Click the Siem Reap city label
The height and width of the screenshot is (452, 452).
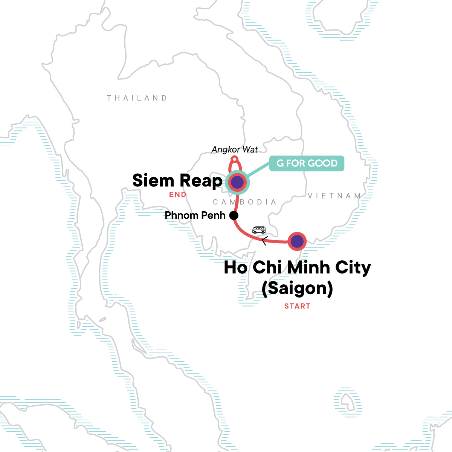tap(177, 181)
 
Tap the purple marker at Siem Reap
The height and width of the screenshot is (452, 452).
tap(237, 183)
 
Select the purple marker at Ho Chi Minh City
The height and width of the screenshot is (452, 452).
tap(297, 241)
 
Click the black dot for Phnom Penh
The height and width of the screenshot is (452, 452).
tap(234, 215)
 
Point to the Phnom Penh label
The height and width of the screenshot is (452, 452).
tap(195, 215)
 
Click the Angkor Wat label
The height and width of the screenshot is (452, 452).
tap(235, 150)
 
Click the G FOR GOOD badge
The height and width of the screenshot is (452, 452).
tap(307, 163)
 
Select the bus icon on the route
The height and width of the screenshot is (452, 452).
tap(259, 230)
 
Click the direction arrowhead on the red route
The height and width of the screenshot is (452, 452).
tap(264, 241)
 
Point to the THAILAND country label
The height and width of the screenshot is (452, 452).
tap(137, 98)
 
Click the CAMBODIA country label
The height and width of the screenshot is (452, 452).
tap(244, 202)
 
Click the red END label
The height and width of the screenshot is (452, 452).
tap(177, 195)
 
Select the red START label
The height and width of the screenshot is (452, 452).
tap(297, 306)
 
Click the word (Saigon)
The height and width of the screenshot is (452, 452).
tap(297, 289)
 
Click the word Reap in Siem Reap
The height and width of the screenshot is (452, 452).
tap(201, 181)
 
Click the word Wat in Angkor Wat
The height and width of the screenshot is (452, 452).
tap(250, 150)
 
